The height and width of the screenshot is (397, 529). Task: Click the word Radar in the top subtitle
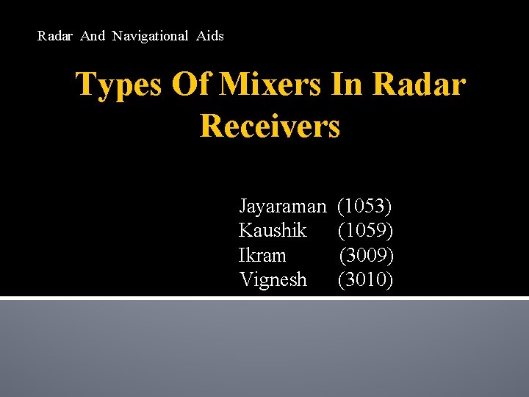click(x=55, y=35)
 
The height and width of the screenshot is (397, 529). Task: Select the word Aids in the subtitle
click(x=210, y=35)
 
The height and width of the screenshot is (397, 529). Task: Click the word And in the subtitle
click(x=93, y=35)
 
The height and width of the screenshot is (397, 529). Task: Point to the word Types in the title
click(x=118, y=85)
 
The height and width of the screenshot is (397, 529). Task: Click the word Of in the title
click(x=189, y=85)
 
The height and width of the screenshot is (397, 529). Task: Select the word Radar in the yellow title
click(x=419, y=85)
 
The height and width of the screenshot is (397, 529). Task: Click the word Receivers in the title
click(x=270, y=125)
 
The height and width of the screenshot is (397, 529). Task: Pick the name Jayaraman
click(x=282, y=207)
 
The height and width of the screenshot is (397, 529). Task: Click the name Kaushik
click(x=273, y=231)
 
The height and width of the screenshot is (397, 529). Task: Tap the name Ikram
click(x=262, y=255)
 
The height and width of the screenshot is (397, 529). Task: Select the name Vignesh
click(x=273, y=279)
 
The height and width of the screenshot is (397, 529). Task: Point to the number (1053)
click(x=365, y=207)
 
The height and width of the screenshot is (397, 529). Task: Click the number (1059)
click(x=365, y=231)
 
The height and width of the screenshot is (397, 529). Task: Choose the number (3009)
click(x=366, y=255)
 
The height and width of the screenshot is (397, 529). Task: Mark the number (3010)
click(x=365, y=279)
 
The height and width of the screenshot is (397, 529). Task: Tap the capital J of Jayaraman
click(x=243, y=207)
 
